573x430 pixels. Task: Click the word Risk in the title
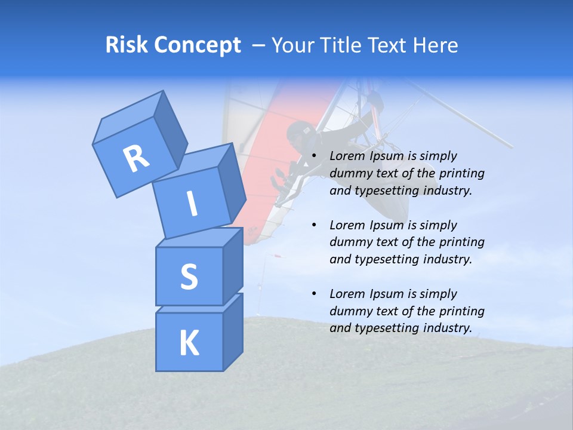[x=125, y=45]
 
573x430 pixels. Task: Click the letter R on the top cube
[x=136, y=159]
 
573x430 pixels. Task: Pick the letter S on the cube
[x=189, y=277]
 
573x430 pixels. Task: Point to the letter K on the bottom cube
[x=189, y=343]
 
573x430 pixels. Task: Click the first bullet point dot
[x=314, y=156]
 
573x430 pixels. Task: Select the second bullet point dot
[x=314, y=226]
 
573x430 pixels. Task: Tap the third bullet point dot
[x=314, y=294]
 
